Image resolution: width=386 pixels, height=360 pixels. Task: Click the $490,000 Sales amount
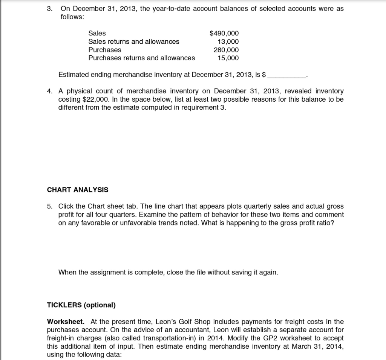224,34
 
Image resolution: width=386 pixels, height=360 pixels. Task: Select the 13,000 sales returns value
228,42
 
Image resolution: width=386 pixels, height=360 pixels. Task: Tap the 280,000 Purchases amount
226,50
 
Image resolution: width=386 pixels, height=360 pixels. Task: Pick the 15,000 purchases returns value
228,58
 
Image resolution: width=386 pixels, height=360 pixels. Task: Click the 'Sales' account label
97,34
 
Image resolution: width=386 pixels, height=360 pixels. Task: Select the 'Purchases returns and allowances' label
141,58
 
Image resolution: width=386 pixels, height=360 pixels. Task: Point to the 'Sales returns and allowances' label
133,42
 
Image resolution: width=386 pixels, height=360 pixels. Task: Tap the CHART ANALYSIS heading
77,190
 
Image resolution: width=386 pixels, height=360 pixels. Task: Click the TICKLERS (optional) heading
81,305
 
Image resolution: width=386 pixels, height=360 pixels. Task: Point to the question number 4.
49,91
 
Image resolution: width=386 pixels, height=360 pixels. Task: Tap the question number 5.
49,206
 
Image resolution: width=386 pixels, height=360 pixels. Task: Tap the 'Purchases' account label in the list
104,50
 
